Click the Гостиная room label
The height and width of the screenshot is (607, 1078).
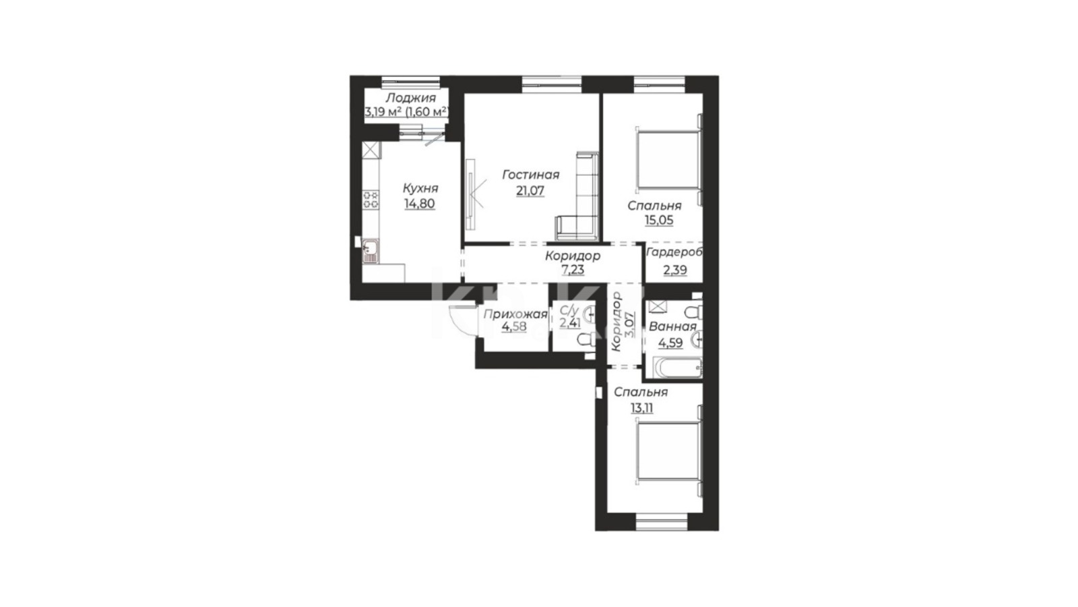point(530,175)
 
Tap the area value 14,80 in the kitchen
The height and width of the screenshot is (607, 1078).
point(419,204)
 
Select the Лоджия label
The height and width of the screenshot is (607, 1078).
point(410,98)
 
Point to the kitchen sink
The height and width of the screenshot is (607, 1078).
point(371,251)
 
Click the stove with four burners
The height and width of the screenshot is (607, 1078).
point(371,200)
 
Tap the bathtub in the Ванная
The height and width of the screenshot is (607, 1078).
point(677,368)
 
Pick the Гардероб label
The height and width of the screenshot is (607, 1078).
point(674,252)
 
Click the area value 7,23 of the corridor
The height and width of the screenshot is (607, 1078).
point(573,270)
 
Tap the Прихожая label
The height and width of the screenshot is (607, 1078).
point(515,314)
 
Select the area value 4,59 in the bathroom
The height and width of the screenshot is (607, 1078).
point(670,343)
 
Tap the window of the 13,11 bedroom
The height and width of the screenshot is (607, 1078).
point(662,522)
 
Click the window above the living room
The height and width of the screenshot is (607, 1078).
point(552,84)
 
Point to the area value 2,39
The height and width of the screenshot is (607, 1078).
point(675,270)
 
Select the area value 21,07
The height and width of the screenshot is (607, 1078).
point(530,192)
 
